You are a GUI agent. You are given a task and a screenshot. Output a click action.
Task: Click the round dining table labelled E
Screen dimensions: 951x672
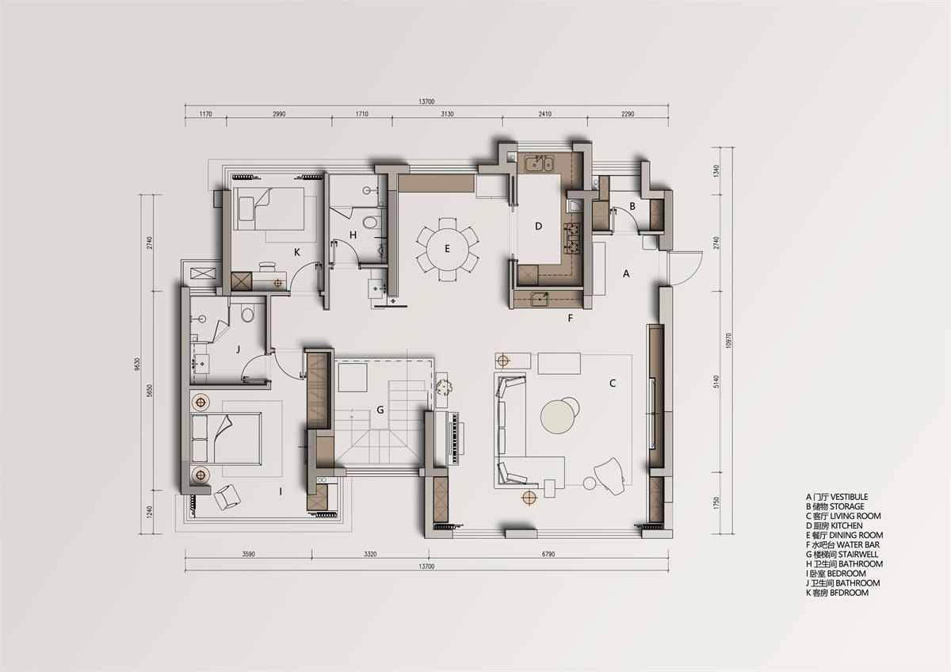pos(448,249)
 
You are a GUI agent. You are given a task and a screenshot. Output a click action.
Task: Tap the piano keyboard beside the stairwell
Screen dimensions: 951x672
pos(456,438)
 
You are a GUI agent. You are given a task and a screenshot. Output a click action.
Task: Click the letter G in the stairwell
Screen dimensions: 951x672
pos(380,410)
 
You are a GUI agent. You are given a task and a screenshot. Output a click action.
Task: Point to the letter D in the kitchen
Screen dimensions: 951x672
pos(538,227)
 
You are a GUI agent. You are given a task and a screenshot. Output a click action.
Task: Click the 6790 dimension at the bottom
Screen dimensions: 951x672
pos(548,554)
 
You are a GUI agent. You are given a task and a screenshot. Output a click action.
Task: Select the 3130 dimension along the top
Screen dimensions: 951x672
pos(447,114)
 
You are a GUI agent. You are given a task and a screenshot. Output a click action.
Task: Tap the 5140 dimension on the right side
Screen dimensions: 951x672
pos(717,382)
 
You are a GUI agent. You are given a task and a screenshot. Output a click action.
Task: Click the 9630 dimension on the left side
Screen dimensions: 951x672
pos(137,365)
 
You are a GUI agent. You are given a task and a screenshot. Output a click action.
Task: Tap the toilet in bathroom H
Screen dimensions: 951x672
pos(371,222)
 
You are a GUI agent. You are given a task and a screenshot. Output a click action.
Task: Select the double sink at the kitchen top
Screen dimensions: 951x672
pos(539,163)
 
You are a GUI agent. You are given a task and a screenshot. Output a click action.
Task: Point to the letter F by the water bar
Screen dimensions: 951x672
pos(571,318)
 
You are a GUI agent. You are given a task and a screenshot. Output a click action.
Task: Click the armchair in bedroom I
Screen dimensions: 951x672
pos(227,496)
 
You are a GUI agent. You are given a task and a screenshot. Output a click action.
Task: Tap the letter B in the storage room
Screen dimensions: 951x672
pos(632,206)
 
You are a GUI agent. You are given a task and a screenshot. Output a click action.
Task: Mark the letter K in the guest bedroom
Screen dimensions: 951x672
pos(296,253)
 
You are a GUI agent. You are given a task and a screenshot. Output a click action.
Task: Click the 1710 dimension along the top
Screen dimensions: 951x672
pos(361,114)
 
